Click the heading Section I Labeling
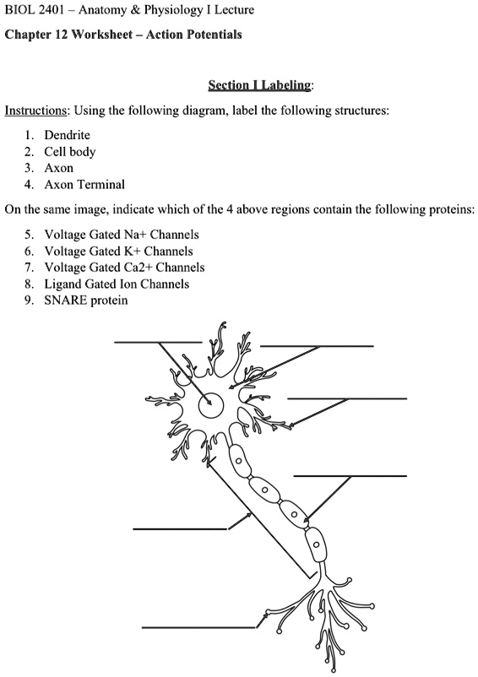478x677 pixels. coord(261,85)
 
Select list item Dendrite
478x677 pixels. coord(67,135)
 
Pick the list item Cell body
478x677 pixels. coord(70,152)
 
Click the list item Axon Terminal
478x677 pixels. coord(84,184)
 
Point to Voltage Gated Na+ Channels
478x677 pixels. coord(122,235)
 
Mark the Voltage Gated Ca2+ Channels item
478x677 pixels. coord(124,268)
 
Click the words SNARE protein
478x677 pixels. coord(86,300)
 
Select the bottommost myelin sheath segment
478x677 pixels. coord(315,545)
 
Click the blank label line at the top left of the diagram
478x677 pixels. coord(158,343)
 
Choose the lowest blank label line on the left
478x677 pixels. coord(198,627)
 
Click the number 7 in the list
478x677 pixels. coord(29,268)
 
